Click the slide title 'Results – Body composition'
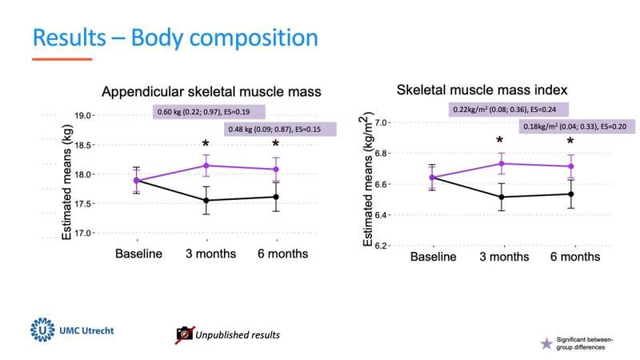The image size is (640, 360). [175, 38]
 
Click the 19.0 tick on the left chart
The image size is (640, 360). [104, 115]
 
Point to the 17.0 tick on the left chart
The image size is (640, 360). [104, 233]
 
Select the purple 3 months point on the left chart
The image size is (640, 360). [207, 166]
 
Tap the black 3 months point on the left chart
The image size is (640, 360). [207, 200]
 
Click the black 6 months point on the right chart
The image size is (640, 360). [571, 194]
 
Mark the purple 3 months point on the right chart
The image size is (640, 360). [502, 163]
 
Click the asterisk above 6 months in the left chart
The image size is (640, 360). [276, 145]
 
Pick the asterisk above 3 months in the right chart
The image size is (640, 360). [502, 141]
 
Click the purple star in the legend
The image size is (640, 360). [546, 343]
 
